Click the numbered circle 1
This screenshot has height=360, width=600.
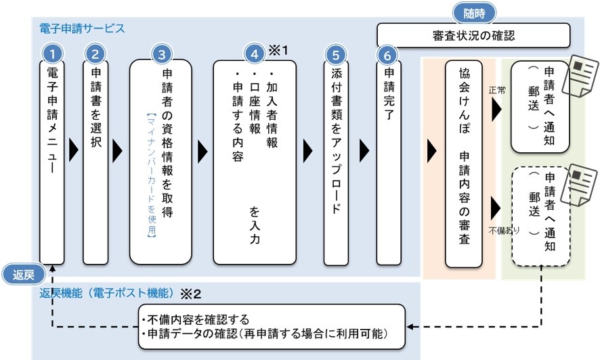(52, 54)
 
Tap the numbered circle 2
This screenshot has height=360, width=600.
(95, 54)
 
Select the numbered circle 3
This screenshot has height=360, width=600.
(161, 54)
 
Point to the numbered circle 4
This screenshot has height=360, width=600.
(255, 54)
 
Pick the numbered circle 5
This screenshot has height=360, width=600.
(336, 55)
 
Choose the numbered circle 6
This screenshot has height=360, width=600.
(387, 55)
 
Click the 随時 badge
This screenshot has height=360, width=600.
(474, 14)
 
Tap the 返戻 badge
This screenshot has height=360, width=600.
(23, 274)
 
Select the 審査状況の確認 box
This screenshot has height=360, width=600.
(473, 36)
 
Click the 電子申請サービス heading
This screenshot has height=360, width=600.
(82, 28)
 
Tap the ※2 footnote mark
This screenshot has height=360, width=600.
(190, 294)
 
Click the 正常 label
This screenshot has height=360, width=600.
(497, 90)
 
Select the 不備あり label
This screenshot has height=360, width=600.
(504, 231)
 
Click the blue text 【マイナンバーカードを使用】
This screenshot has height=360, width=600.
(152, 175)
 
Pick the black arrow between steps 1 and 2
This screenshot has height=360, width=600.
(73, 151)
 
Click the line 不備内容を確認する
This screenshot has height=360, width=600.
(195, 319)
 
